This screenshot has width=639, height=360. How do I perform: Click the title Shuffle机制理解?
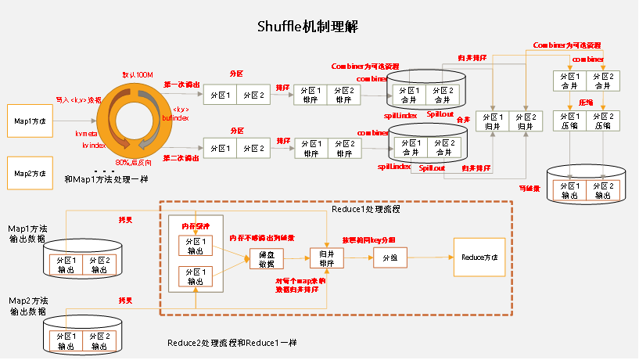[x=307, y=27]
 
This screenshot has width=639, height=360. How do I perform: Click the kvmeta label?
[x=87, y=134]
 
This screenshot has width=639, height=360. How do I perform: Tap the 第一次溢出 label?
[x=181, y=84]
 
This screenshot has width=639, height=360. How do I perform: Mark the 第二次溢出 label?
[x=181, y=157]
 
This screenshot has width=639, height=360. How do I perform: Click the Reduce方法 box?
[x=479, y=257]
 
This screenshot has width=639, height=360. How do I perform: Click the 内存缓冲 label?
[x=196, y=226]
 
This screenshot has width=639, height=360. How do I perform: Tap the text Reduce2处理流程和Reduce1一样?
[x=232, y=344]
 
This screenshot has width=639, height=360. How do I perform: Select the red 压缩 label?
[x=584, y=103]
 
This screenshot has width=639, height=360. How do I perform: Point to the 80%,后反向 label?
[x=134, y=162]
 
